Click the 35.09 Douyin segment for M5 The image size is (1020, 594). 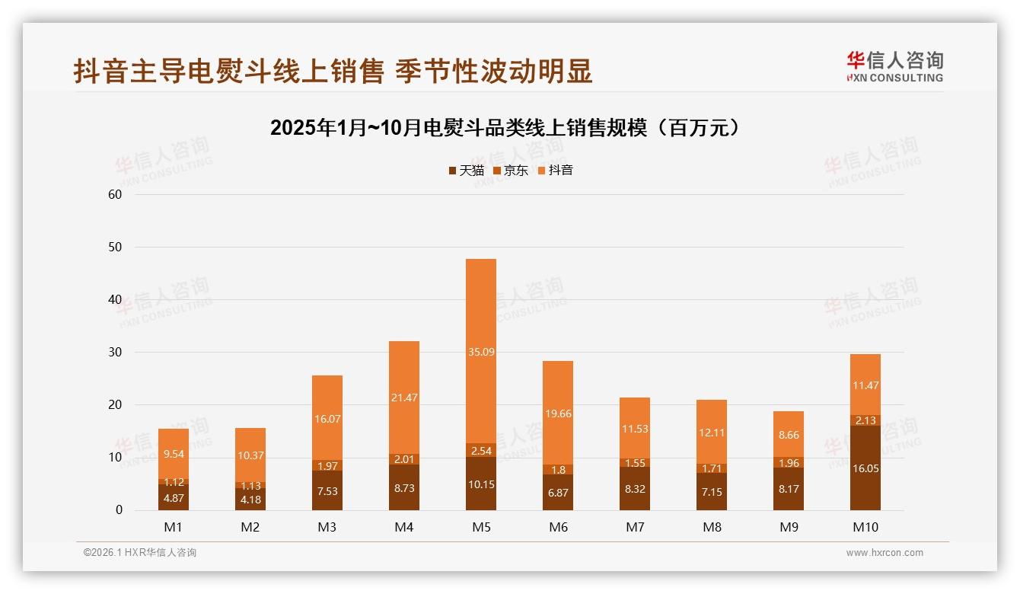pyautogui.click(x=481, y=351)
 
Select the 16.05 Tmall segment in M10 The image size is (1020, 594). pyautogui.click(x=865, y=468)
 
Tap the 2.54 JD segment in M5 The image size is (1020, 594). pyautogui.click(x=481, y=450)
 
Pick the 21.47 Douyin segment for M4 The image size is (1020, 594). pyautogui.click(x=404, y=398)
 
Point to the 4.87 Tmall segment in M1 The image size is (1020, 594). pyautogui.click(x=174, y=497)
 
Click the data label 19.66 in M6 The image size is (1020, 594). pyautogui.click(x=558, y=414)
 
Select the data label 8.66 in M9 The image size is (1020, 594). pyautogui.click(x=789, y=436)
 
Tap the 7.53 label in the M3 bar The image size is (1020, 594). pyautogui.click(x=327, y=491)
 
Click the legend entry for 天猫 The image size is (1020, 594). pyautogui.click(x=466, y=170)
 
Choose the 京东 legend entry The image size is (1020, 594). pyautogui.click(x=511, y=170)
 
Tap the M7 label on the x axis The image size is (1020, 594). pyautogui.click(x=635, y=527)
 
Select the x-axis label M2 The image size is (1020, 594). pyautogui.click(x=250, y=527)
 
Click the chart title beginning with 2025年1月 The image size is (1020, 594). pyautogui.click(x=505, y=128)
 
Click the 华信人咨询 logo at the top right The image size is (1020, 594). pyautogui.click(x=895, y=66)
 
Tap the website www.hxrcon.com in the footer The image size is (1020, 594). pyautogui.click(x=885, y=553)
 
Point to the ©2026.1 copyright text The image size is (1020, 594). pyautogui.click(x=140, y=553)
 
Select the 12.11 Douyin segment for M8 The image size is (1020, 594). pyautogui.click(x=712, y=432)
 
